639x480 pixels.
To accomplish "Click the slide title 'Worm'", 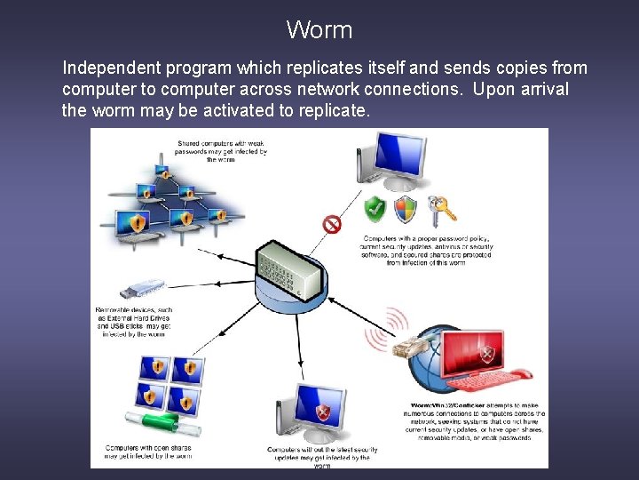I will [x=319, y=30].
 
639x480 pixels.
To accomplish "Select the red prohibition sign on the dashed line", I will [x=332, y=224].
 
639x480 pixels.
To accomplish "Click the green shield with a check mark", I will [x=375, y=211].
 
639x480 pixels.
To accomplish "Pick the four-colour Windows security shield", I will [x=406, y=210].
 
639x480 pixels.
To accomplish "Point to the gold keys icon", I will [x=440, y=208].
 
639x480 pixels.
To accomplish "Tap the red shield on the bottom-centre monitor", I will [x=324, y=412].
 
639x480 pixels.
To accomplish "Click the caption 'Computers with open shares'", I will [x=147, y=452].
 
